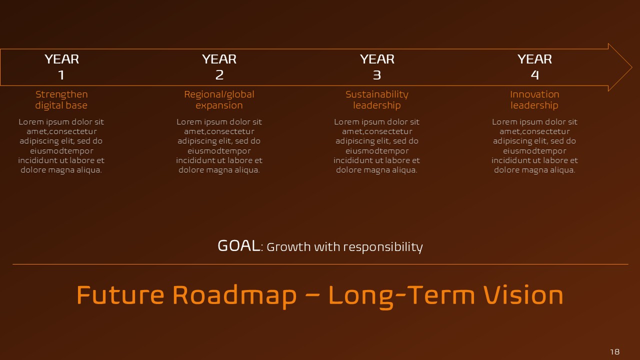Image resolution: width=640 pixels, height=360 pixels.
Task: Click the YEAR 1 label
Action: (61, 66)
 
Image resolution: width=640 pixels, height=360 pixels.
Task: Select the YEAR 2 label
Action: (219, 66)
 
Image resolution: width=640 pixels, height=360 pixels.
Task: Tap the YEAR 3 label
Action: (377, 66)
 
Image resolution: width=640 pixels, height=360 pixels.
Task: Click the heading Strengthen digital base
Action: (61, 99)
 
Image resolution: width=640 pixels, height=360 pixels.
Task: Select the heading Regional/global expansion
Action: (219, 99)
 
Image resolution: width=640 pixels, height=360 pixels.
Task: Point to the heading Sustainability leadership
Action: (377, 99)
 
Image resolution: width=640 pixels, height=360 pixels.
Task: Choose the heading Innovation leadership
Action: (534, 99)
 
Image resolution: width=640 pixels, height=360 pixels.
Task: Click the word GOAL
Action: (238, 246)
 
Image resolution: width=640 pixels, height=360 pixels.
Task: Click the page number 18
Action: (614, 351)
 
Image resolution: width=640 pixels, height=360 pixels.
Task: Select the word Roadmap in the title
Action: (234, 295)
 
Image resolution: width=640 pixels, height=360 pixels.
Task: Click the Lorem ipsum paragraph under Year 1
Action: (61, 146)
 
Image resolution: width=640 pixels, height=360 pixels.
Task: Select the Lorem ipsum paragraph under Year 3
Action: (377, 146)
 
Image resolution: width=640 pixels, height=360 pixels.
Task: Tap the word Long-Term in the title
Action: (401, 295)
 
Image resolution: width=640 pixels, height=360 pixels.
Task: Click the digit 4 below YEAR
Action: (534, 75)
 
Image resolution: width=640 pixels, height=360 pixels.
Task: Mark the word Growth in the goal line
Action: (285, 247)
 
